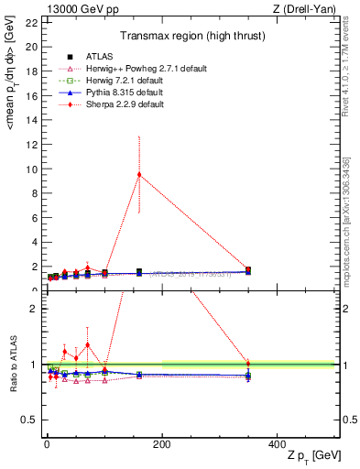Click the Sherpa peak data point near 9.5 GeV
[139, 174]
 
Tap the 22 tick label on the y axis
[33, 22]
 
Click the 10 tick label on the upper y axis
[33, 169]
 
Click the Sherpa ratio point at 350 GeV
[248, 364]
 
